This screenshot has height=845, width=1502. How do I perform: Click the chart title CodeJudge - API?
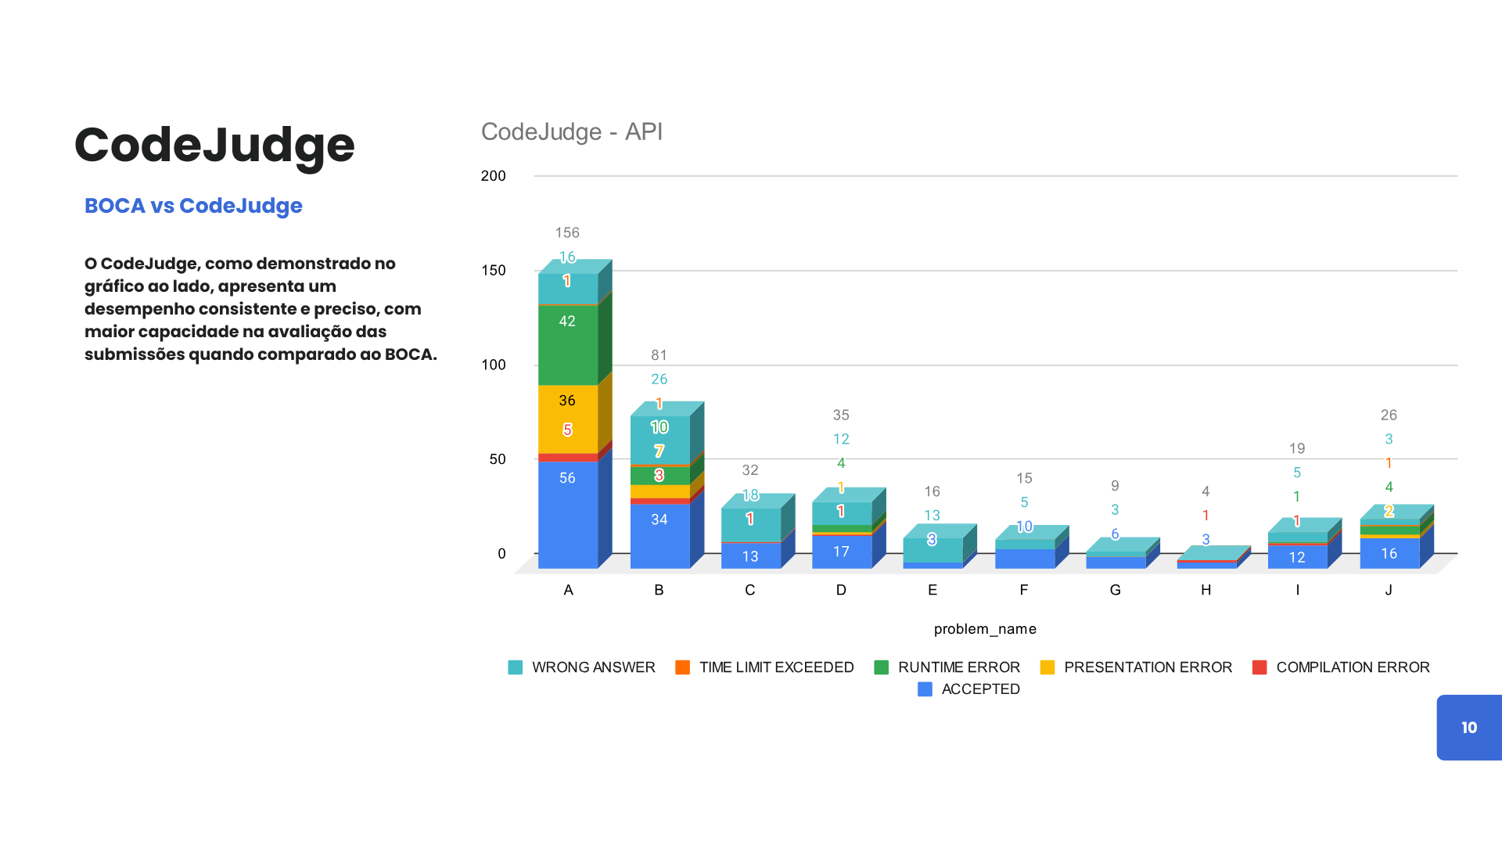coord(571,131)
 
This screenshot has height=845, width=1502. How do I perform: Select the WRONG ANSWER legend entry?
coord(582,667)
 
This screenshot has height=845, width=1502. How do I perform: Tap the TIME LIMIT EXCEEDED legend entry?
coord(764,667)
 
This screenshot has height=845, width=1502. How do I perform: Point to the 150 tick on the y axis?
coord(494,271)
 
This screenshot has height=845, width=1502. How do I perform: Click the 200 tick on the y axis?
coord(494,176)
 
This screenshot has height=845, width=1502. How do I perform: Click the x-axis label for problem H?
coord(1206,590)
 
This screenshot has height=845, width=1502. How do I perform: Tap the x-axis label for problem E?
coord(932,590)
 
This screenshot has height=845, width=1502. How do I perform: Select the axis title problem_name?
coord(985,629)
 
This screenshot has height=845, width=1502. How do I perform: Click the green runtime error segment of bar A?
coord(567,344)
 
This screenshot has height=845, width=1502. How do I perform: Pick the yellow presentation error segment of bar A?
coord(567,415)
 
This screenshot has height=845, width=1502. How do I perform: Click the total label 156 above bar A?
coord(567,232)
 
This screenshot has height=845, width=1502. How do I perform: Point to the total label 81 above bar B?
coord(659,355)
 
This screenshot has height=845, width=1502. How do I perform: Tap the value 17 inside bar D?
coord(841,552)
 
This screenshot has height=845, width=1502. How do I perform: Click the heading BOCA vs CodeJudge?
coord(193,206)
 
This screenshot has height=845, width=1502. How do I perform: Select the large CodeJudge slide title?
coord(214,146)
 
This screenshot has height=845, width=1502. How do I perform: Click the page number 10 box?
coord(1468,728)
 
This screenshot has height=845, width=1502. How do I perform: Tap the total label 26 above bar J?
coord(1389,415)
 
